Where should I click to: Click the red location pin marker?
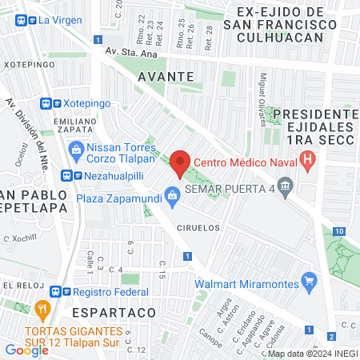coord(181,162)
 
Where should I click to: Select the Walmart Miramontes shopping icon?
coord(310,281)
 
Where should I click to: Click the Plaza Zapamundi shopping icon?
coord(171,194)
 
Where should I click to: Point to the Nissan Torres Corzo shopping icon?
coord(76,149)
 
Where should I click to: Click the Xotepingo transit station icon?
coord(47,103)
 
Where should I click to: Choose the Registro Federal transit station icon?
coord(56,292)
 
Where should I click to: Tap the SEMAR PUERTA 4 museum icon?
coord(286,188)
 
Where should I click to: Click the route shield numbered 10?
coord(340,231)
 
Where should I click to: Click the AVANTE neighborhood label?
coord(166,76)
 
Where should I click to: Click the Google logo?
coord(26,350)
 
